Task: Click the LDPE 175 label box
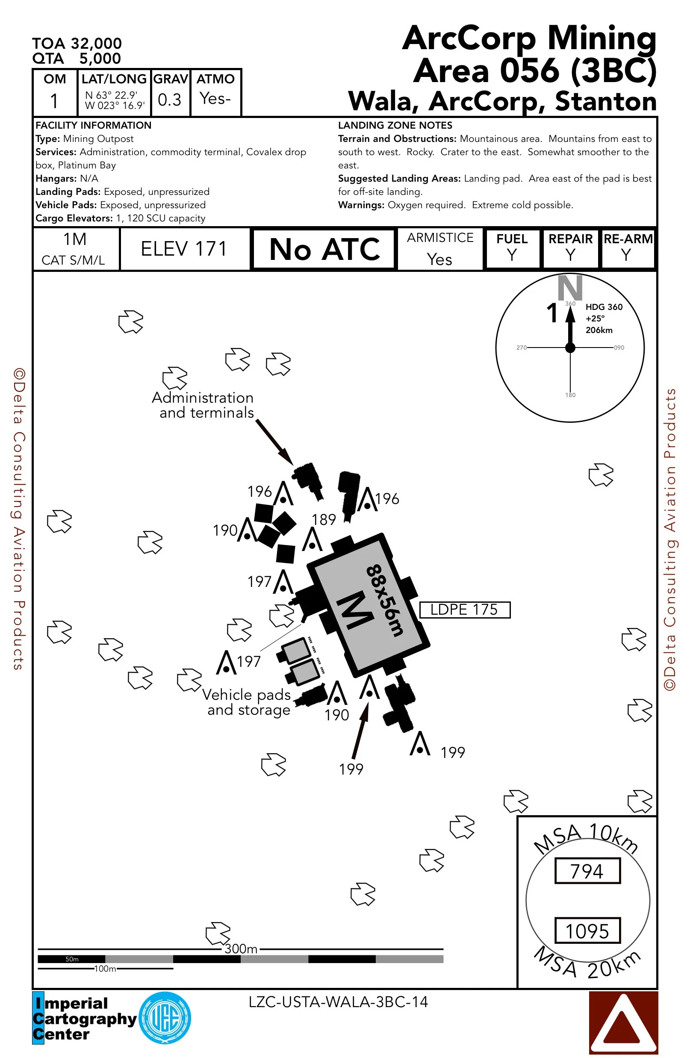(465, 610)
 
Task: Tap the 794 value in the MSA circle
(587, 871)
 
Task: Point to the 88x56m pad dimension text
(385, 600)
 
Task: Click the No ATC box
(324, 249)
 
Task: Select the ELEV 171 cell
(184, 249)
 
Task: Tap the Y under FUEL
(512, 256)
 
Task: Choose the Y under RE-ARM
(626, 256)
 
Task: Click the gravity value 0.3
(170, 100)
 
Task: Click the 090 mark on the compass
(619, 348)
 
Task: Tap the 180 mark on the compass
(570, 395)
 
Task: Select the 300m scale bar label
(241, 949)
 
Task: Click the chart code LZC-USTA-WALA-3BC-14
(338, 1002)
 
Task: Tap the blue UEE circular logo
(165, 1017)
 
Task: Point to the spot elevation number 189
(324, 520)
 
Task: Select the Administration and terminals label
(203, 405)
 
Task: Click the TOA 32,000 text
(77, 44)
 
